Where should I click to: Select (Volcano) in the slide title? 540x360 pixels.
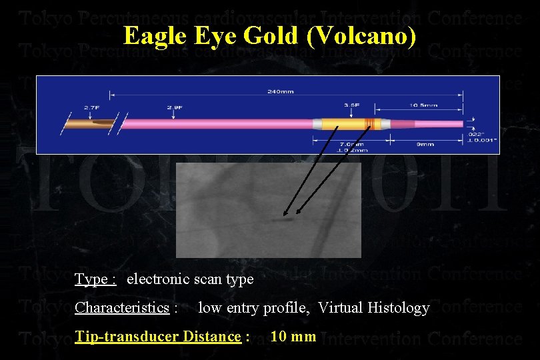[362, 36]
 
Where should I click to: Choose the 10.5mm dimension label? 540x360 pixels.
[424, 105]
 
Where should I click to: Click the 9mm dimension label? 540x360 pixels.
[425, 143]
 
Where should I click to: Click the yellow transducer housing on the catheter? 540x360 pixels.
[340, 124]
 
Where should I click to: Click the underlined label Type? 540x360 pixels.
[95, 279]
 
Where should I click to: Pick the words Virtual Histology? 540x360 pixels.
[373, 308]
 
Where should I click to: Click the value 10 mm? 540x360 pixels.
[293, 336]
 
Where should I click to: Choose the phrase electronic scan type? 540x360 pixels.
[190, 279]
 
